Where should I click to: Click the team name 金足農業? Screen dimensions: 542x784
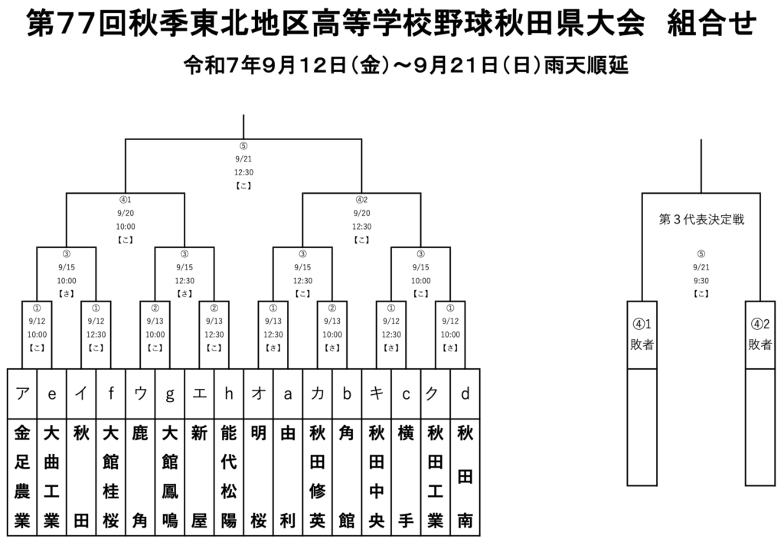(22, 477)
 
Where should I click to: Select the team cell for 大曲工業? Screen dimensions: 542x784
(52, 477)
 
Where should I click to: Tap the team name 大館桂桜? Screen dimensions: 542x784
(111, 477)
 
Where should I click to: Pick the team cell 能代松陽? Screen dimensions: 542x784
(229, 477)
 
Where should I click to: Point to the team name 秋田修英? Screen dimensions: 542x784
(317, 477)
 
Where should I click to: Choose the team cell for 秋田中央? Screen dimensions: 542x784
(377, 477)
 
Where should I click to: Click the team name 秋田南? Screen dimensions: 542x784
(465, 477)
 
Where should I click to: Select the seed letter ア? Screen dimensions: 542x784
(22, 394)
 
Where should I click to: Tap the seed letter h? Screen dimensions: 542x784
(229, 394)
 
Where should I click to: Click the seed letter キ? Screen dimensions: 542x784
(377, 394)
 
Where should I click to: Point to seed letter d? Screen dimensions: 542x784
(465, 394)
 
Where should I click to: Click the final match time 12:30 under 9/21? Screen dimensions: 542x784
(243, 172)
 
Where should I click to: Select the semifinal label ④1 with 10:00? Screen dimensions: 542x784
(126, 201)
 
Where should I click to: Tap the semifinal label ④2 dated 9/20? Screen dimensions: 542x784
(361, 201)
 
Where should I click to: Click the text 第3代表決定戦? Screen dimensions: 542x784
(701, 220)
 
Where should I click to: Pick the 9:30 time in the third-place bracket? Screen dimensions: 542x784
(701, 280)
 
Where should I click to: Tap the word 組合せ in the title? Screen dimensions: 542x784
(712, 24)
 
